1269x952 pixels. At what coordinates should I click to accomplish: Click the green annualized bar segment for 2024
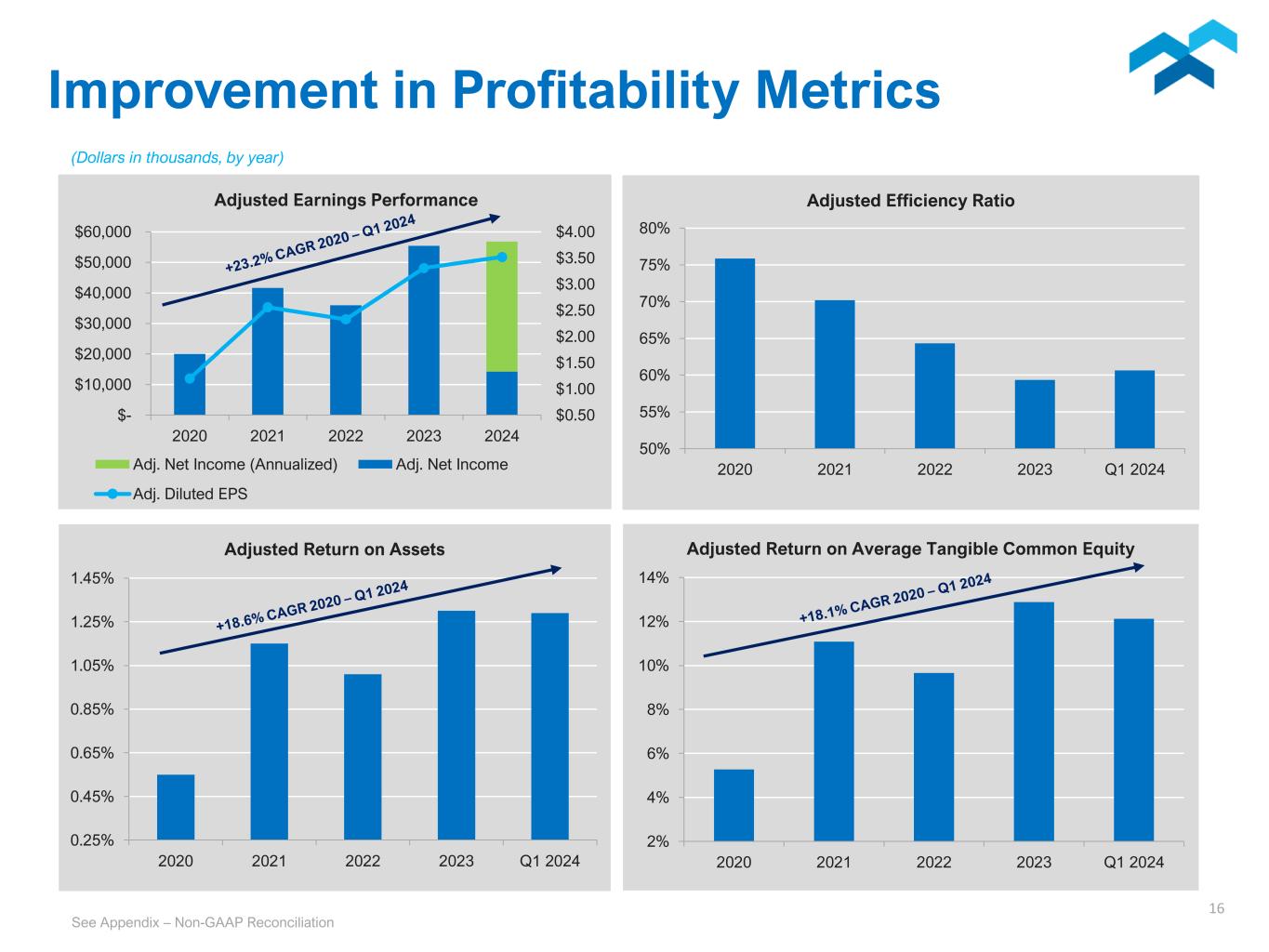pyautogui.click(x=502, y=306)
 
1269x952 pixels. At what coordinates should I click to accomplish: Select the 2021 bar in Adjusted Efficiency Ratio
pyautogui.click(x=834, y=374)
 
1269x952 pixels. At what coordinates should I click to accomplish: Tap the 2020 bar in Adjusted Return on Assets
pyautogui.click(x=176, y=807)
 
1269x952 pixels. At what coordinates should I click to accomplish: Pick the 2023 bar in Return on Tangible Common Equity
pyautogui.click(x=1034, y=721)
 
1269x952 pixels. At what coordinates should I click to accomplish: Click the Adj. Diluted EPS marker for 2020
pyautogui.click(x=190, y=378)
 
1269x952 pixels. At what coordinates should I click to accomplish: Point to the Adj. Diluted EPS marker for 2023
pyautogui.click(x=424, y=268)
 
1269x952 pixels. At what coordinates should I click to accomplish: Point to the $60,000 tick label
pyautogui.click(x=103, y=231)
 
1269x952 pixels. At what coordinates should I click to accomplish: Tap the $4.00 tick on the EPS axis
pyautogui.click(x=575, y=231)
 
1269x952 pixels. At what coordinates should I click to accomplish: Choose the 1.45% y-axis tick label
pyautogui.click(x=92, y=578)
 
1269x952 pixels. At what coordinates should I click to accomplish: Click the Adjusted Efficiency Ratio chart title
pyautogui.click(x=910, y=201)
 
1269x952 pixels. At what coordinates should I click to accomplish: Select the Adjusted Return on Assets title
pyautogui.click(x=335, y=549)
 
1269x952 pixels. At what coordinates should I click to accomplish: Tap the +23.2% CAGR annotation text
pyautogui.click(x=320, y=244)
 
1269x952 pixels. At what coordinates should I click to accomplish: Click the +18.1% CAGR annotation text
pyautogui.click(x=895, y=598)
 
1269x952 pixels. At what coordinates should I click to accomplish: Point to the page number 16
pyautogui.click(x=1216, y=908)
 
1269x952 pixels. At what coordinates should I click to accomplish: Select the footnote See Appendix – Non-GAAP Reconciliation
pyautogui.click(x=203, y=922)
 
